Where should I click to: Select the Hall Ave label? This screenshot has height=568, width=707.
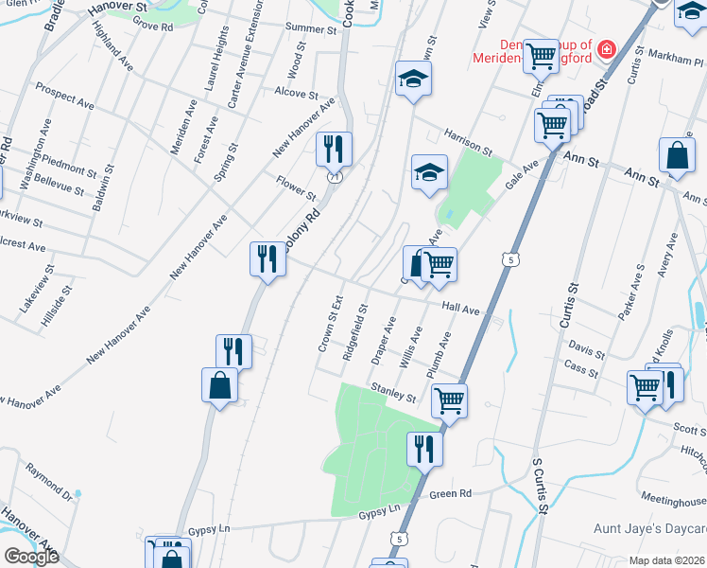click(x=461, y=309)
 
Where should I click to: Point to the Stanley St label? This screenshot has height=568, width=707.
click(x=393, y=390)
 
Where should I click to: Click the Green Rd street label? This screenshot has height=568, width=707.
click(x=450, y=494)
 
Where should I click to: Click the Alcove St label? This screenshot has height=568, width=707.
click(x=295, y=94)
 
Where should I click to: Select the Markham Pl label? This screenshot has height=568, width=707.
click(x=671, y=58)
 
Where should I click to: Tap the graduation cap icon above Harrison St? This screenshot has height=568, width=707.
click(x=413, y=79)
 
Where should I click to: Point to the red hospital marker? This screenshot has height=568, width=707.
click(x=606, y=49)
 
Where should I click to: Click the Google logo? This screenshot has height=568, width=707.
click(x=30, y=557)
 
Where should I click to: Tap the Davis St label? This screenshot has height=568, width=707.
click(x=588, y=352)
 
